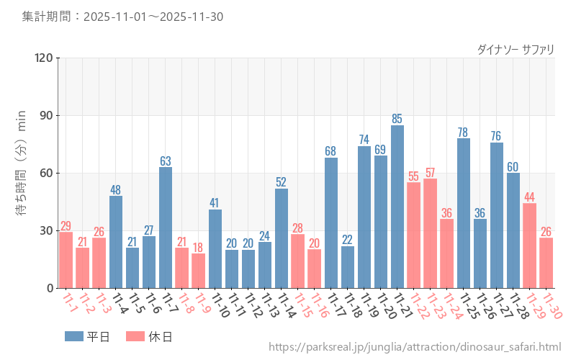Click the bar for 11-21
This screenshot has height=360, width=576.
(397, 207)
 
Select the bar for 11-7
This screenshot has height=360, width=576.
(166, 228)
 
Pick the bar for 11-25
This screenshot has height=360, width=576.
(464, 213)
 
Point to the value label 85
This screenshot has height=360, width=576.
(397, 119)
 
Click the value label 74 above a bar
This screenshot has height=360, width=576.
(364, 140)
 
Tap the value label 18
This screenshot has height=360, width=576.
(199, 247)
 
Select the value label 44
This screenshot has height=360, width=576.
(530, 197)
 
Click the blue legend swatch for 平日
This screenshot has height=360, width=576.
(73, 336)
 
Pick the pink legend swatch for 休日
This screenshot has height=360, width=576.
(135, 336)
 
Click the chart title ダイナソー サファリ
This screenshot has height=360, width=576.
(516, 50)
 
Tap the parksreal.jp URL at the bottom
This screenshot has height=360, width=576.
(415, 348)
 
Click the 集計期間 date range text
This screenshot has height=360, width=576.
(122, 17)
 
